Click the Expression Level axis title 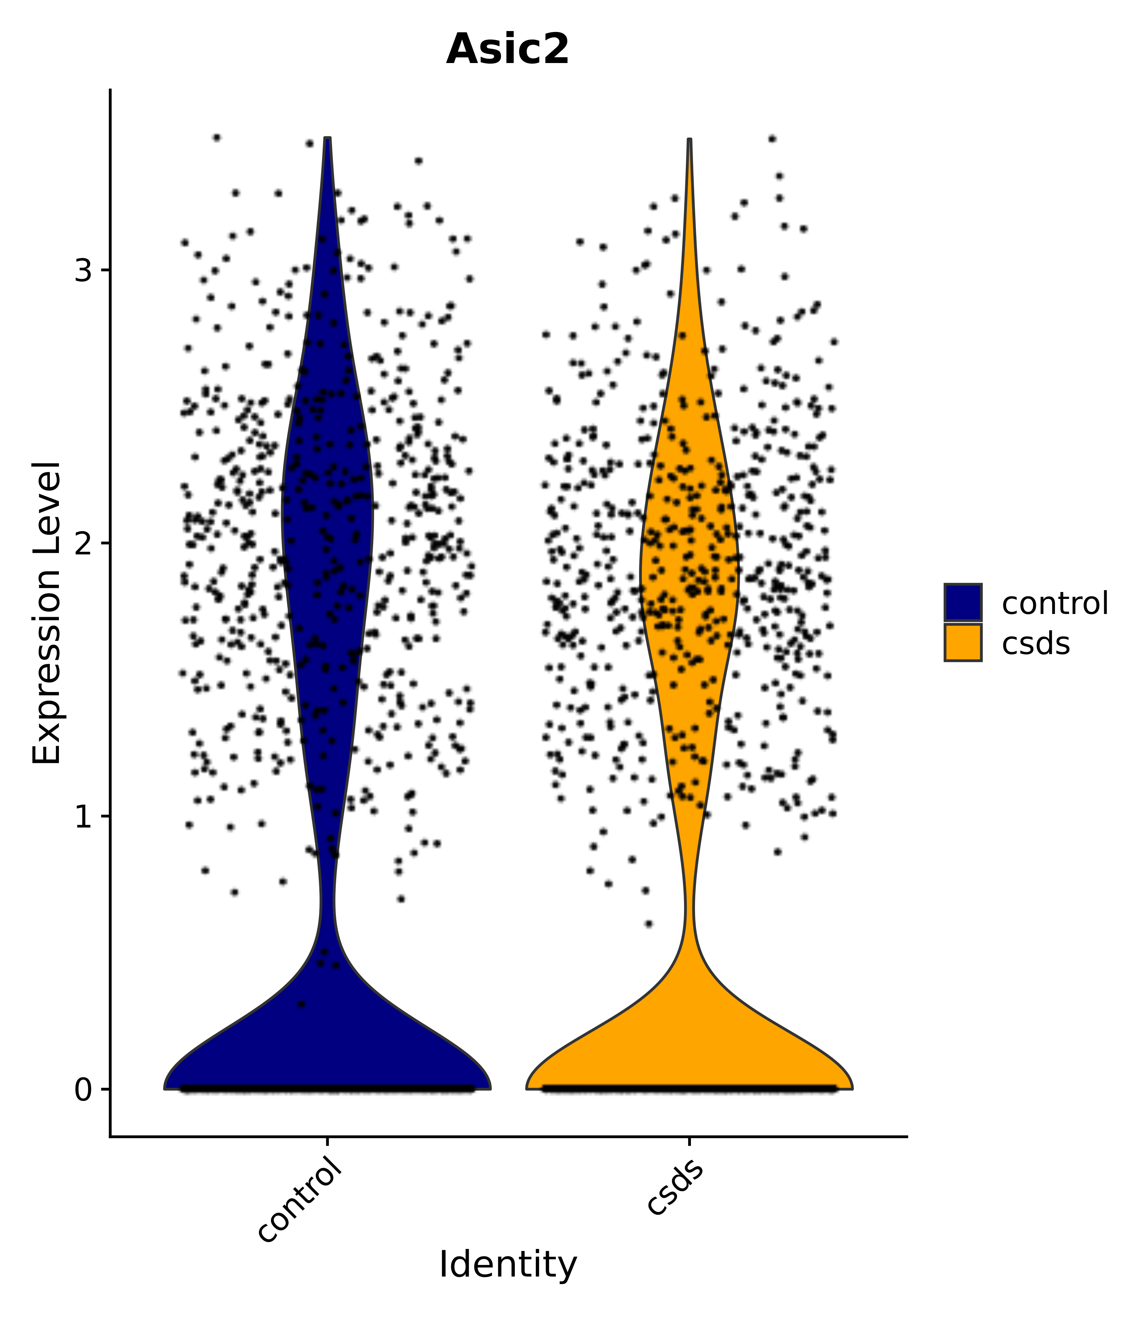[x=47, y=613]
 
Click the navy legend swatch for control [x=962, y=602]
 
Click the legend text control [x=1054, y=603]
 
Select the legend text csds [x=1035, y=644]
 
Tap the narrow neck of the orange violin [x=689, y=902]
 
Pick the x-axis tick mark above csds [x=689, y=1142]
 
